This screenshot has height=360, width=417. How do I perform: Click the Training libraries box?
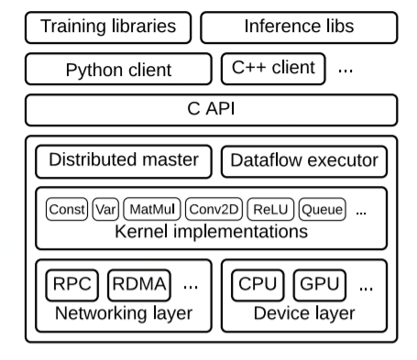click(108, 27)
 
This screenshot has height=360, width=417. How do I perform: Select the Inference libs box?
click(299, 27)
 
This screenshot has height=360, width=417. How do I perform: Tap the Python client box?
click(118, 70)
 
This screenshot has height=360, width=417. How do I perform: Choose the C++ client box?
click(273, 68)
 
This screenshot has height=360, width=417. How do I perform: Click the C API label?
click(212, 110)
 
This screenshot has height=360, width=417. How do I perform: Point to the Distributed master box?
click(124, 161)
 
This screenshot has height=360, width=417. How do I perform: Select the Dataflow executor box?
click(304, 161)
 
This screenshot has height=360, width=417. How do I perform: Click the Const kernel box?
click(67, 210)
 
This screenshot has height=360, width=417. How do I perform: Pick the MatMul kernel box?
click(151, 210)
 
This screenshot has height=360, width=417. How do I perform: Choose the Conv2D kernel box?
click(214, 210)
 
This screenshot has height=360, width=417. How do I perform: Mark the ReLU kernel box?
click(270, 210)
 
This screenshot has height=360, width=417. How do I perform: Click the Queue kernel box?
click(322, 210)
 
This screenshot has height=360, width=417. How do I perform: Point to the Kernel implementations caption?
click(212, 232)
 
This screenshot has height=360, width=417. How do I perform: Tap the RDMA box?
click(140, 285)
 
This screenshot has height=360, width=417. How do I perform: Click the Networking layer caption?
click(124, 314)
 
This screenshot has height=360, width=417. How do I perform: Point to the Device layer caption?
click(303, 314)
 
